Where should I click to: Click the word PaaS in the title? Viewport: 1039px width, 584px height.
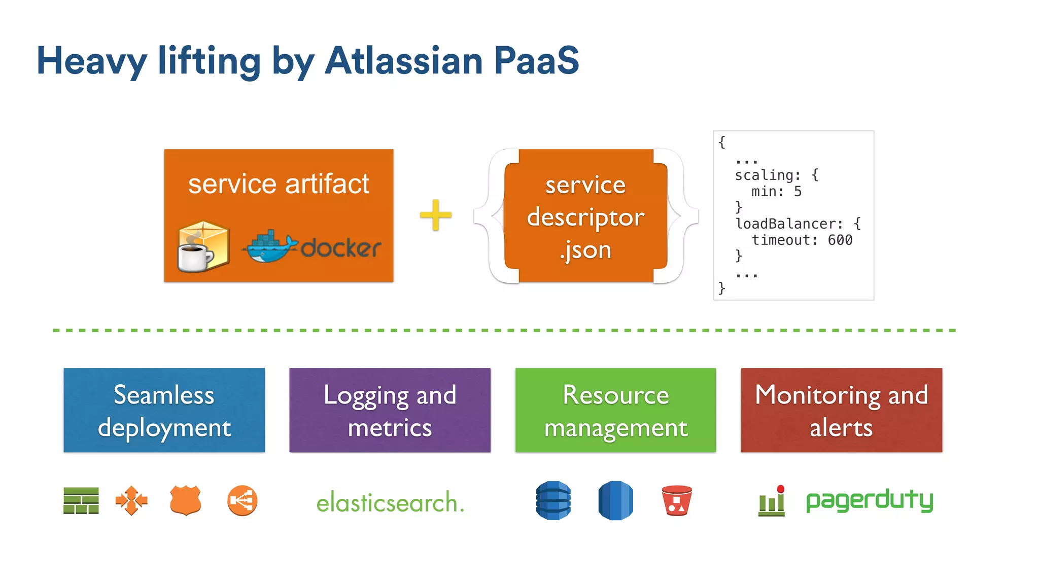[536, 61]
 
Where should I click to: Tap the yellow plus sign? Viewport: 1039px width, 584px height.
[435, 215]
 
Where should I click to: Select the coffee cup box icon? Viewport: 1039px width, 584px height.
[203, 247]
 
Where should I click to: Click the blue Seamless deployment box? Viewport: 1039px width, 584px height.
[164, 410]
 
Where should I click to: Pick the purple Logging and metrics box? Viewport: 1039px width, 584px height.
[390, 410]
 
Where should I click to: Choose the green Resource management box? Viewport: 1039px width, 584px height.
[615, 410]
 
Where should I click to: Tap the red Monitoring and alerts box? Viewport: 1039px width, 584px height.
[841, 410]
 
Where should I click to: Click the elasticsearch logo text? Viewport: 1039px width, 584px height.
[390, 502]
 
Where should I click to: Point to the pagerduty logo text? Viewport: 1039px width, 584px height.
[870, 500]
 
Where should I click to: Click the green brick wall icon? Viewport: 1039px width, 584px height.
[81, 501]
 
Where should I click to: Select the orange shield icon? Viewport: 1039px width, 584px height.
[186, 500]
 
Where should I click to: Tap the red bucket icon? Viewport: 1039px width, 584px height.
[677, 500]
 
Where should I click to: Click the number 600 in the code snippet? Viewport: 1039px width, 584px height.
[840, 240]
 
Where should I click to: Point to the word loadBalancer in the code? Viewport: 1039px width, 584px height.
[789, 224]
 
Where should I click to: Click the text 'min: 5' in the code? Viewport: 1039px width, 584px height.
[776, 192]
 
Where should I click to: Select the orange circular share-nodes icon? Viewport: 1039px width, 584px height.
[242, 501]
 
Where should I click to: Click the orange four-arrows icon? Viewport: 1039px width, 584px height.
[131, 501]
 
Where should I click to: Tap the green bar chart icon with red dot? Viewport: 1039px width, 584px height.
[772, 501]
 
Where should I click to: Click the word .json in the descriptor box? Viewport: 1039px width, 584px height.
[585, 250]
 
